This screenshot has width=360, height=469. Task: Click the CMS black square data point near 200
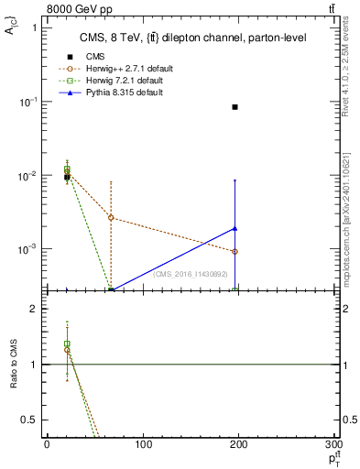[x=235, y=107]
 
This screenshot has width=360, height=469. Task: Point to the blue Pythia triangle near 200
[x=235, y=228]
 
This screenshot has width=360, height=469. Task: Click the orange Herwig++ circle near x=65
[x=111, y=217]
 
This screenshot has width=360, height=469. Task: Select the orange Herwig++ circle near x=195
[x=235, y=251]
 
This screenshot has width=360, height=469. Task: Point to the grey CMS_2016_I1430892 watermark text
[x=190, y=274]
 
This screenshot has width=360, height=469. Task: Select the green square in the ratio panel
[x=67, y=344]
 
